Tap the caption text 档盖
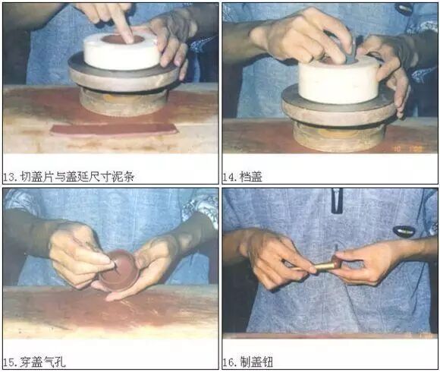click(250, 177)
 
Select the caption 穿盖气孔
click(42, 362)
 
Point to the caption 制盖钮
click(256, 362)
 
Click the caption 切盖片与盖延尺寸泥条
click(77, 177)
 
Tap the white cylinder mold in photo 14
click(339, 80)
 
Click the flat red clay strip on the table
click(114, 130)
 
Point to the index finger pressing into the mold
click(121, 24)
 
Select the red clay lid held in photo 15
click(119, 270)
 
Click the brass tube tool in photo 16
click(325, 266)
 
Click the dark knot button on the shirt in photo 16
click(404, 231)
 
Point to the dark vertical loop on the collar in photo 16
click(337, 200)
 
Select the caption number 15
click(10, 362)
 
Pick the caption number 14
click(229, 177)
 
